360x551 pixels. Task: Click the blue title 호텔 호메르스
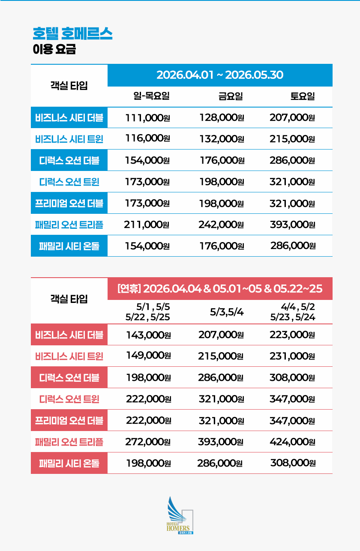pos(72,33)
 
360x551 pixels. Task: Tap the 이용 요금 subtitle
pos(54,49)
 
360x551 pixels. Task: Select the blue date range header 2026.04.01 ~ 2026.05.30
pos(219,75)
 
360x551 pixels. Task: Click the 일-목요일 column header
pos(152,96)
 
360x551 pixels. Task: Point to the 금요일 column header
pos(230,96)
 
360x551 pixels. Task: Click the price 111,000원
pos(147,118)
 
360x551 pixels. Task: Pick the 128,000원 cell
pos(222,118)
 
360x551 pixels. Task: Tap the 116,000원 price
pos(147,138)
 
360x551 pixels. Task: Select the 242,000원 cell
pos(221,224)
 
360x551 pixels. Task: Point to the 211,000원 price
pos(147,224)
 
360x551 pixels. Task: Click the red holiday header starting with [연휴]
pos(219,288)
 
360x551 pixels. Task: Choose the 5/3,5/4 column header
pos(227,311)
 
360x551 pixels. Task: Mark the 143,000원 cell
pos(148,335)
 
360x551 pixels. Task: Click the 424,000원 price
pos(292,442)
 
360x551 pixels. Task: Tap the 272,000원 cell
pos(148,442)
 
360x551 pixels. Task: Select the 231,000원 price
pos(292,356)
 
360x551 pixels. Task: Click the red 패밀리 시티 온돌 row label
pos(69,463)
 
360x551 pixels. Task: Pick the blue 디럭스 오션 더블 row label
pos(69,160)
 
